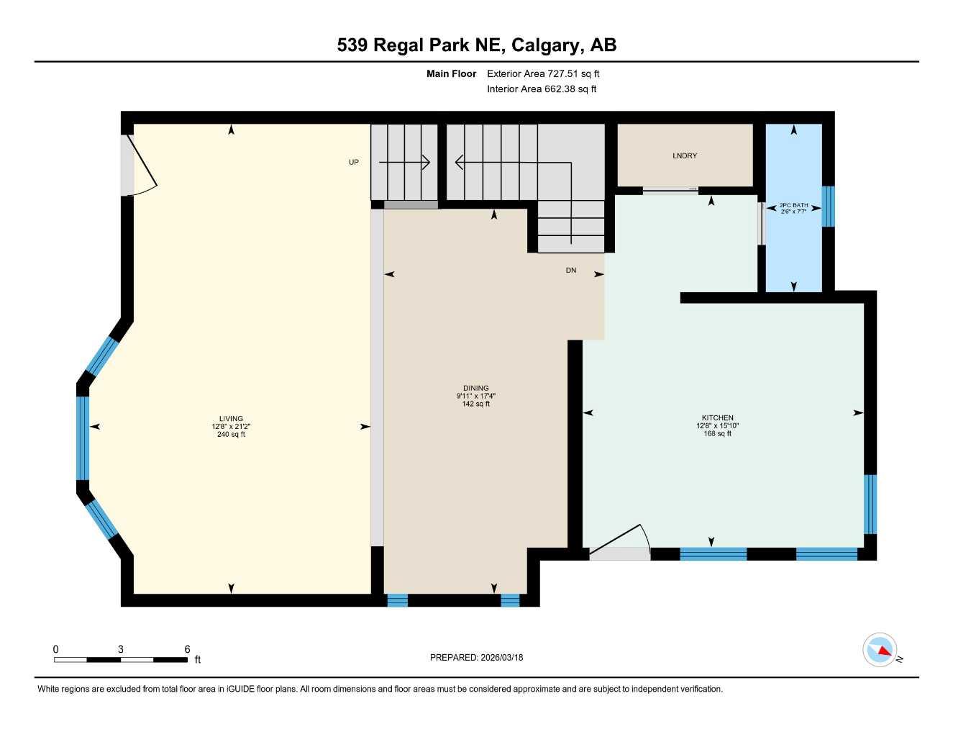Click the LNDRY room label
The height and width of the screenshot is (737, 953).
click(684, 155)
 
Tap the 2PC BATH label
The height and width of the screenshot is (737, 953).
click(793, 205)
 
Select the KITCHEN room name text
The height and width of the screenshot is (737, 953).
click(717, 417)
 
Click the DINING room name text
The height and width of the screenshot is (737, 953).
click(475, 388)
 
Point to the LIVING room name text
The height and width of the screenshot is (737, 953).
click(231, 418)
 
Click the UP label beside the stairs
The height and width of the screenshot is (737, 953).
click(353, 162)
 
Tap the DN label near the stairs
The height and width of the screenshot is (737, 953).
click(570, 271)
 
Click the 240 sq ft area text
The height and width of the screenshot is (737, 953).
click(231, 434)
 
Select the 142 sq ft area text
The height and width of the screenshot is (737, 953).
click(475, 404)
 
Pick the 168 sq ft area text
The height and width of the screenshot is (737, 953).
click(717, 433)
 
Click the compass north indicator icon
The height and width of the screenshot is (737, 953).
click(880, 650)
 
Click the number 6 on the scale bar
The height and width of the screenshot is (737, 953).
click(187, 649)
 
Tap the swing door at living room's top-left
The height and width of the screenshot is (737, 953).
click(141, 166)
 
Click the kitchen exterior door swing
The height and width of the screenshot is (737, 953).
click(620, 543)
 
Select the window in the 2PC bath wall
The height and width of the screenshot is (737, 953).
click(828, 207)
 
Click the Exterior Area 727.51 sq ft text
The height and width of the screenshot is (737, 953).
click(543, 73)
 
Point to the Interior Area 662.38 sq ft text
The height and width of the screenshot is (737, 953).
click(542, 89)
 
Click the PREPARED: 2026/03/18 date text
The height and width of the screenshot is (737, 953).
click(476, 657)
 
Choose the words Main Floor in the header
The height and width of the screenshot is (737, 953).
click(451, 73)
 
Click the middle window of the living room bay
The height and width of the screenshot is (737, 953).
click(83, 438)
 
